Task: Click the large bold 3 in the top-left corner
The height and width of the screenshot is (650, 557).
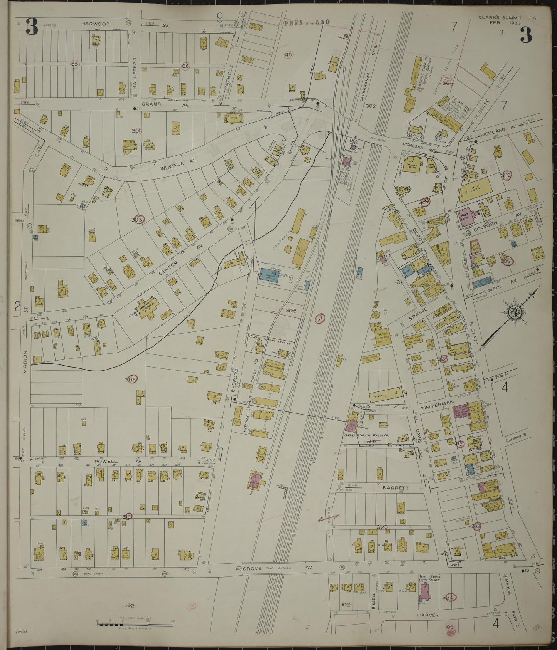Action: click(32, 27)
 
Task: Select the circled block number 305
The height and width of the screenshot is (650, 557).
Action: click(131, 380)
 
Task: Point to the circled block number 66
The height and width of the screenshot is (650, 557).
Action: click(185, 66)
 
